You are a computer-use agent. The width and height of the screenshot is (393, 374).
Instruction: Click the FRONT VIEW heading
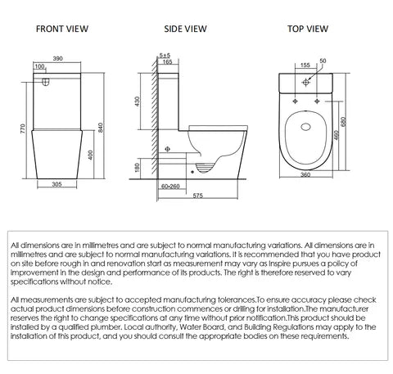pyautogui.click(x=61, y=29)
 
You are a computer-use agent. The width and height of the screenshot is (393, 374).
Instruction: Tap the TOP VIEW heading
pyautogui.click(x=309, y=29)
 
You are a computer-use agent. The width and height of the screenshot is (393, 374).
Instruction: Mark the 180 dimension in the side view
pyautogui.click(x=147, y=167)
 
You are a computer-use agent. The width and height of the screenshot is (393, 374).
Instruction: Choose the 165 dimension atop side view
pyautogui.click(x=168, y=61)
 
